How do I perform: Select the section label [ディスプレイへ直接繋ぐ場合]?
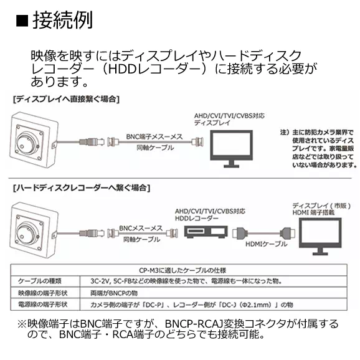(x=65, y=99)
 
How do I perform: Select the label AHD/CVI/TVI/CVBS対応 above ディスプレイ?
(x=220, y=116)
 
